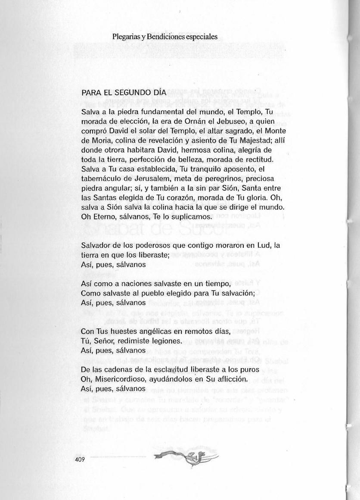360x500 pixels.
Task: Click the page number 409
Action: click(79, 459)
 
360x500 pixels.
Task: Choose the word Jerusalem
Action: click(151, 178)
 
